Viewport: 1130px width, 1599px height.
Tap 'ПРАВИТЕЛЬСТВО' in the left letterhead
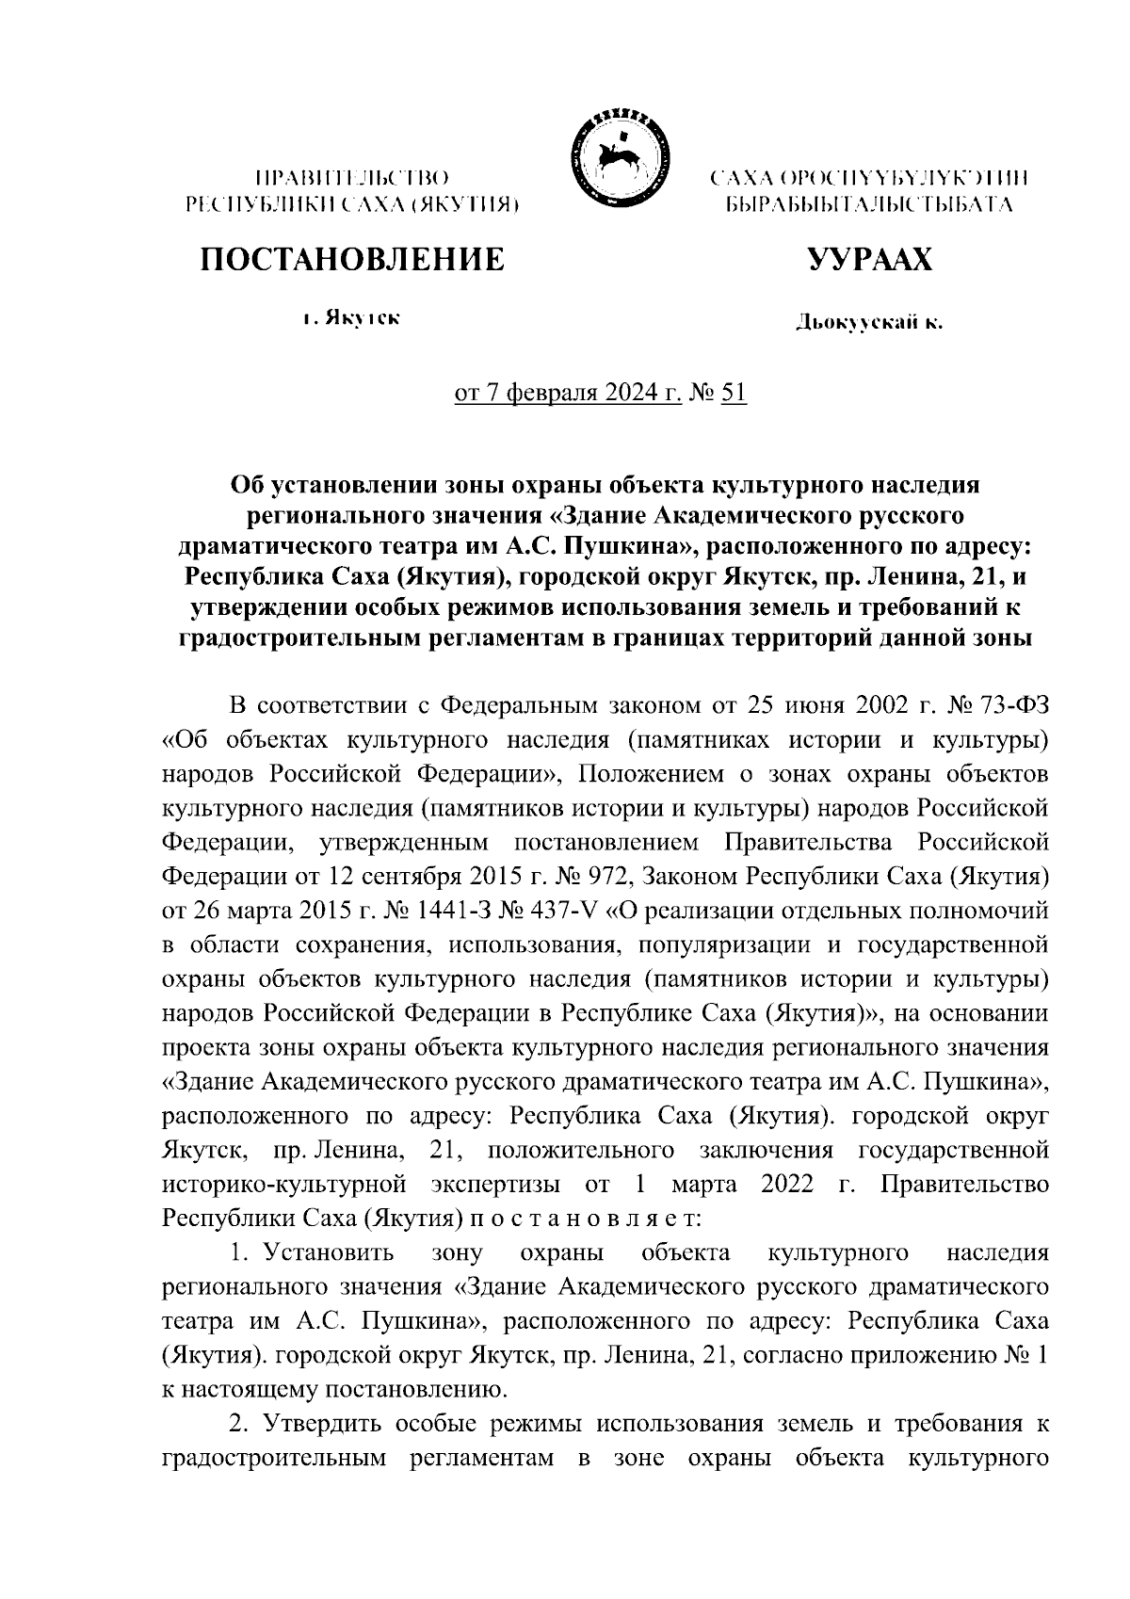click(x=351, y=176)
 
